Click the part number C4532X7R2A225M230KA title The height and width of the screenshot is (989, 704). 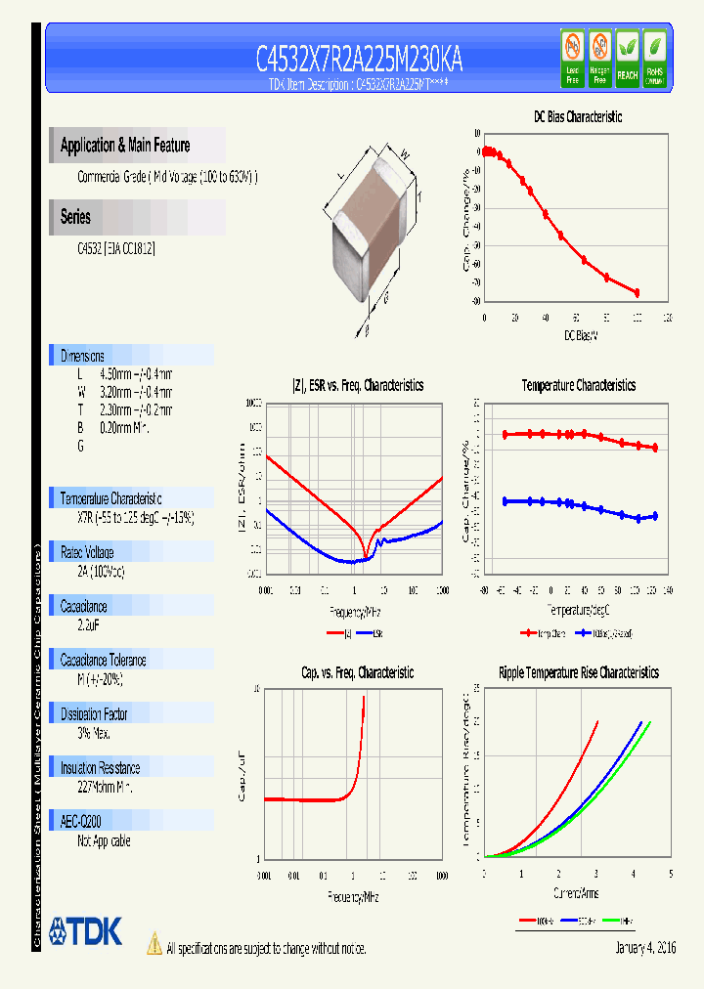pyautogui.click(x=359, y=61)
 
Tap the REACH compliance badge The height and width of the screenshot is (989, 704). pyautogui.click(x=627, y=58)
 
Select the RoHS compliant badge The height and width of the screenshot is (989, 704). pyautogui.click(x=654, y=58)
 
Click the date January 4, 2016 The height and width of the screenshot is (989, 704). pyautogui.click(x=645, y=948)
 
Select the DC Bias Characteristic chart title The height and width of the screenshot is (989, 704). pyautogui.click(x=577, y=116)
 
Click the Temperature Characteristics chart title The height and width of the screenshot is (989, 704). pyautogui.click(x=578, y=385)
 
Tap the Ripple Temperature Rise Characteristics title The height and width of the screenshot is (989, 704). pyautogui.click(x=578, y=672)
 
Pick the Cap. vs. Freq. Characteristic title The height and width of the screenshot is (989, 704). pyautogui.click(x=357, y=672)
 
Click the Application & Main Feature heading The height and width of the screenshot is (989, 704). pyautogui.click(x=125, y=146)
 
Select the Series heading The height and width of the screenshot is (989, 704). pyautogui.click(x=75, y=217)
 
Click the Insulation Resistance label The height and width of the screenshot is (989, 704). pyautogui.click(x=100, y=768)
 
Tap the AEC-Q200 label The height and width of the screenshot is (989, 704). pyautogui.click(x=81, y=822)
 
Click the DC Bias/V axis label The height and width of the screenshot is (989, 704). pyautogui.click(x=580, y=335)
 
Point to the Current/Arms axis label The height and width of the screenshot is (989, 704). pyautogui.click(x=576, y=893)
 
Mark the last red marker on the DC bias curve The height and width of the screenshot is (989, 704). pyautogui.click(x=637, y=292)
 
